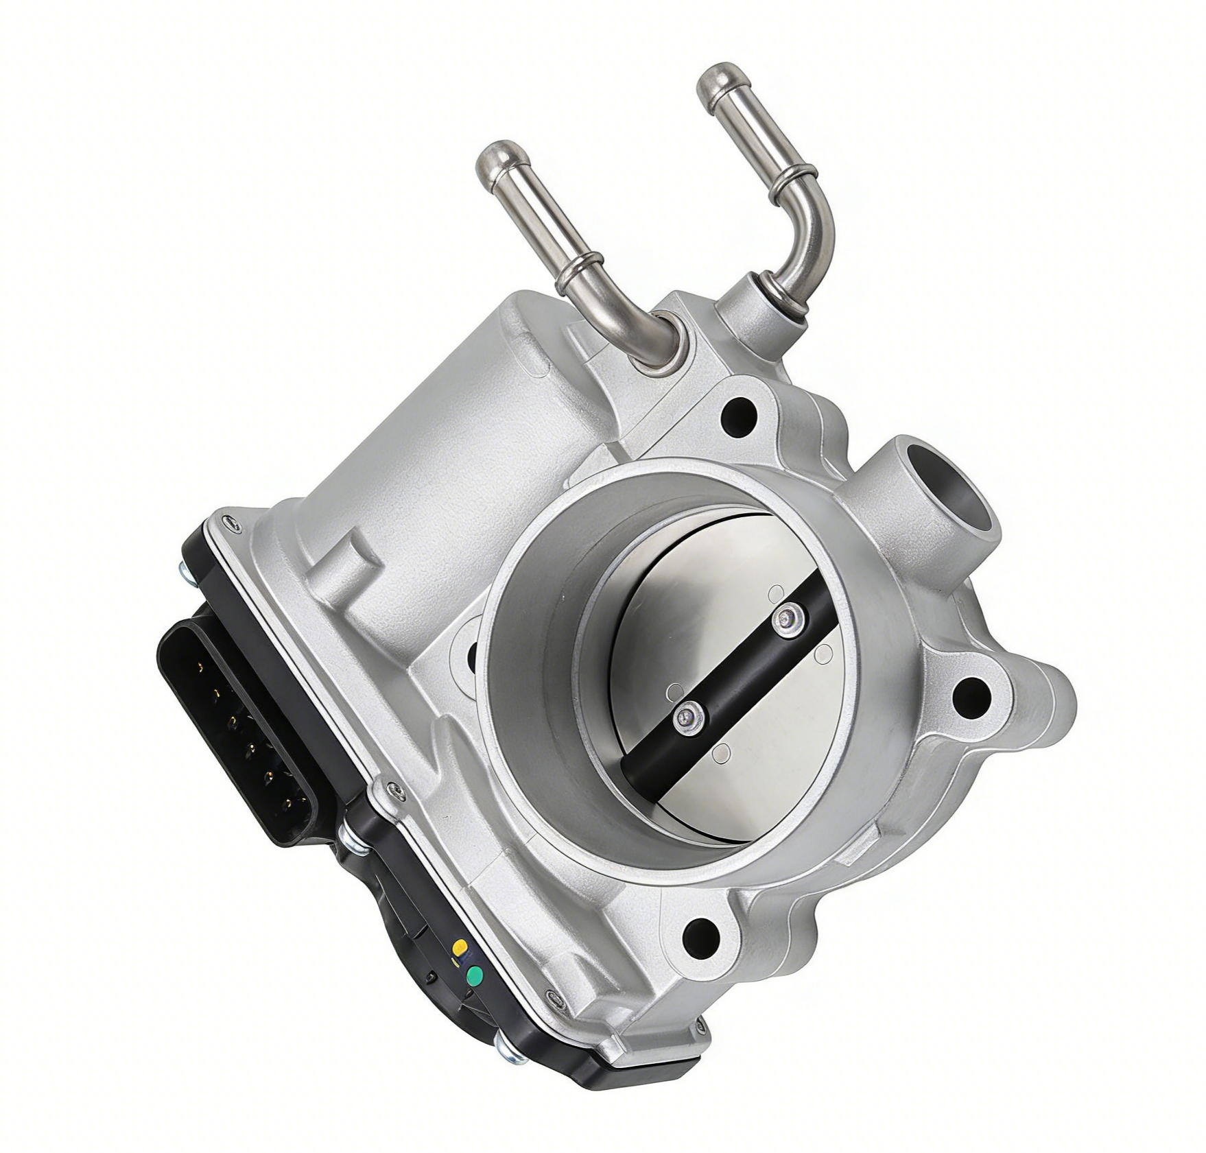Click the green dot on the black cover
[473, 976]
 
